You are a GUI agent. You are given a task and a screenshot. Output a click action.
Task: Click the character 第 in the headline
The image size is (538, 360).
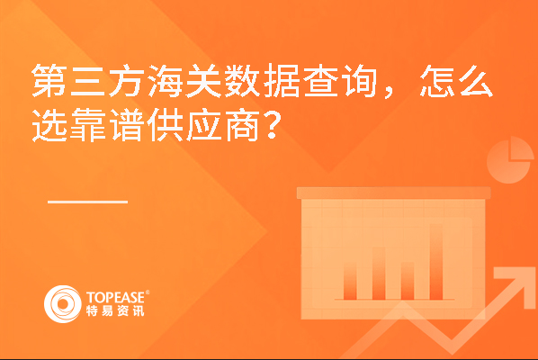[49, 81]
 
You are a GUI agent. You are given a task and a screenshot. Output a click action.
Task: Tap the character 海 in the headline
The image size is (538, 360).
[166, 81]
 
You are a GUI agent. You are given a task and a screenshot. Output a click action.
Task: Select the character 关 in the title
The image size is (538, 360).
[204, 81]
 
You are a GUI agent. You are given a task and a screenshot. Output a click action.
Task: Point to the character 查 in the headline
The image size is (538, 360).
[320, 81]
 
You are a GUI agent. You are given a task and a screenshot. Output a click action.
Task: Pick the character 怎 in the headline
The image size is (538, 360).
[436, 81]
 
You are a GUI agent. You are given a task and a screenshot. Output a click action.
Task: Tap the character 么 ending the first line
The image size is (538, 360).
[476, 81]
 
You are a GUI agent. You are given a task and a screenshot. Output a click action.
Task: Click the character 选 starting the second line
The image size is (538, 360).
[49, 124]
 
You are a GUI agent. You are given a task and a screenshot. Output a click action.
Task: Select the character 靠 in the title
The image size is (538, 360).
[88, 124]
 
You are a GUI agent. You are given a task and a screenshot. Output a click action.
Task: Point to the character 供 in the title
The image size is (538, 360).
[166, 124]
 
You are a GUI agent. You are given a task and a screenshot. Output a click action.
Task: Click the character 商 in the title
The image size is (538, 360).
[243, 124]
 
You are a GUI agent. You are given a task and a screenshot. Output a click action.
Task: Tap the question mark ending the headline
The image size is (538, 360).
[273, 124]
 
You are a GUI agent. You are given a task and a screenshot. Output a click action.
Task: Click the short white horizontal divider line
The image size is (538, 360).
[88, 202]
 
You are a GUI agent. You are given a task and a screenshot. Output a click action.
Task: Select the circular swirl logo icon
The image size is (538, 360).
[63, 304]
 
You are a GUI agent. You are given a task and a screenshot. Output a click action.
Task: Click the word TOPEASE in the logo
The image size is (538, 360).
[116, 298]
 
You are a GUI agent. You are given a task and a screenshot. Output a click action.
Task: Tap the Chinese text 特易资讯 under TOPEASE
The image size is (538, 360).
[115, 310]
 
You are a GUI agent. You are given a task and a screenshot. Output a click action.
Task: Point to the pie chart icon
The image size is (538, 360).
[510, 160]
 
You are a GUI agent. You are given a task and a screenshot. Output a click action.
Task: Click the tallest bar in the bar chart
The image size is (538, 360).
[436, 262]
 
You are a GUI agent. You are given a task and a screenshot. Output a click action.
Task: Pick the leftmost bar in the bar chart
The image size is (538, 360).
[350, 281]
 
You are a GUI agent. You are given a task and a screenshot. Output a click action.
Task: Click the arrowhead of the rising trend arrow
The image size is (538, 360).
[515, 282]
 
